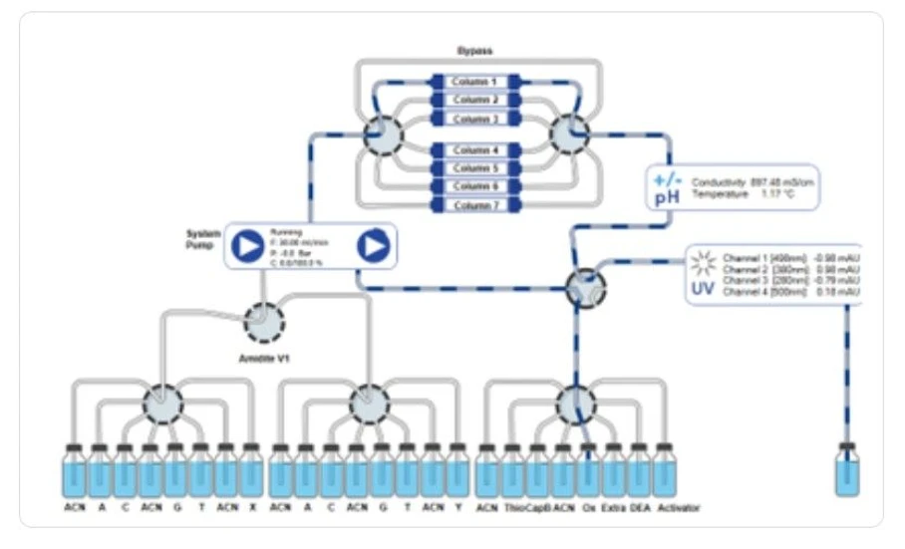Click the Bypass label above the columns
point(474,50)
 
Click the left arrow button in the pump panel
point(247,245)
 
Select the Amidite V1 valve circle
point(264,322)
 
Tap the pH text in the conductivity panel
point(666,198)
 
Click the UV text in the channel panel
point(703,290)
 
